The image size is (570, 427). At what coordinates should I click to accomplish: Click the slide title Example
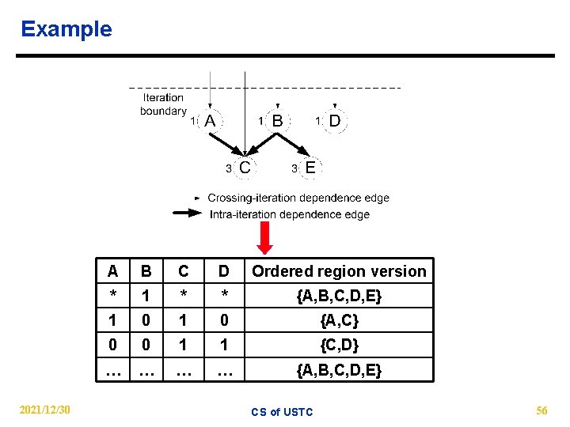click(66, 29)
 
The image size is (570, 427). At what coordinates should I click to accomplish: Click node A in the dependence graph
click(211, 121)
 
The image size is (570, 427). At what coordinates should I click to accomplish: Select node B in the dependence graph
click(277, 121)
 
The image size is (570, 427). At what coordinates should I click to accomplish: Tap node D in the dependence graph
click(334, 121)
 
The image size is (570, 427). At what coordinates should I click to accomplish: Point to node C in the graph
click(245, 168)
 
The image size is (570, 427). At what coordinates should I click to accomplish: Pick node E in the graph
click(310, 168)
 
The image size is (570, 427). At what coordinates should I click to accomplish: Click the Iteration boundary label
click(163, 104)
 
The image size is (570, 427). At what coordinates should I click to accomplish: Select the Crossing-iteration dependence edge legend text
click(298, 198)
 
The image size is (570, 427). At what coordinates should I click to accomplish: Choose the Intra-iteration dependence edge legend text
click(289, 214)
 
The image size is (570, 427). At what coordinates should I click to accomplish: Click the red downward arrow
click(264, 237)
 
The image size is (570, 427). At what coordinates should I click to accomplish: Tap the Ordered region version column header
click(339, 271)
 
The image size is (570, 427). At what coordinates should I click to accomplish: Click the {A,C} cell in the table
click(339, 320)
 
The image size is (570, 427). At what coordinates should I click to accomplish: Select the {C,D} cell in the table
click(339, 345)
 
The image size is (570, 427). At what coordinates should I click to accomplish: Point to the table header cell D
click(224, 271)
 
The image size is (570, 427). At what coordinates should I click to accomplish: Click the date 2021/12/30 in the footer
click(47, 410)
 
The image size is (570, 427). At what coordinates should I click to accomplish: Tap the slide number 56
click(541, 410)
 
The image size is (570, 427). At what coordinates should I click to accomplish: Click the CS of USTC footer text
click(282, 411)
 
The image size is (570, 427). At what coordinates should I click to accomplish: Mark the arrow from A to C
click(227, 144)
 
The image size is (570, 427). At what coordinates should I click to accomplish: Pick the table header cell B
click(145, 271)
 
